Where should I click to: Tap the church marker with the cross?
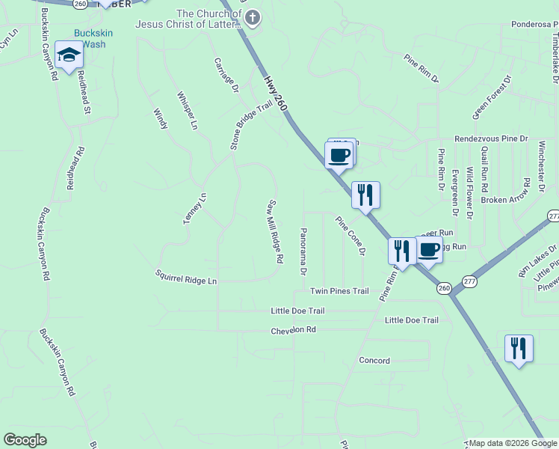tap(253, 18)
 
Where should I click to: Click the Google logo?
tap(25, 440)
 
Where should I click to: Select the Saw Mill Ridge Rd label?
tap(275, 230)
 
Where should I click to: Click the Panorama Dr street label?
tap(303, 250)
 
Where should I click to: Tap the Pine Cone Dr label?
tap(350, 236)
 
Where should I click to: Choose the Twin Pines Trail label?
tap(339, 291)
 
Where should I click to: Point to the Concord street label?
tap(374, 361)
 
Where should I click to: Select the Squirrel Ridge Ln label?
tap(185, 277)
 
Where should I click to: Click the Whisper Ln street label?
tap(187, 110)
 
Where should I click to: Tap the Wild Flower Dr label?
tap(470, 193)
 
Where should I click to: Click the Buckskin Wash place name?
tap(89, 39)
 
